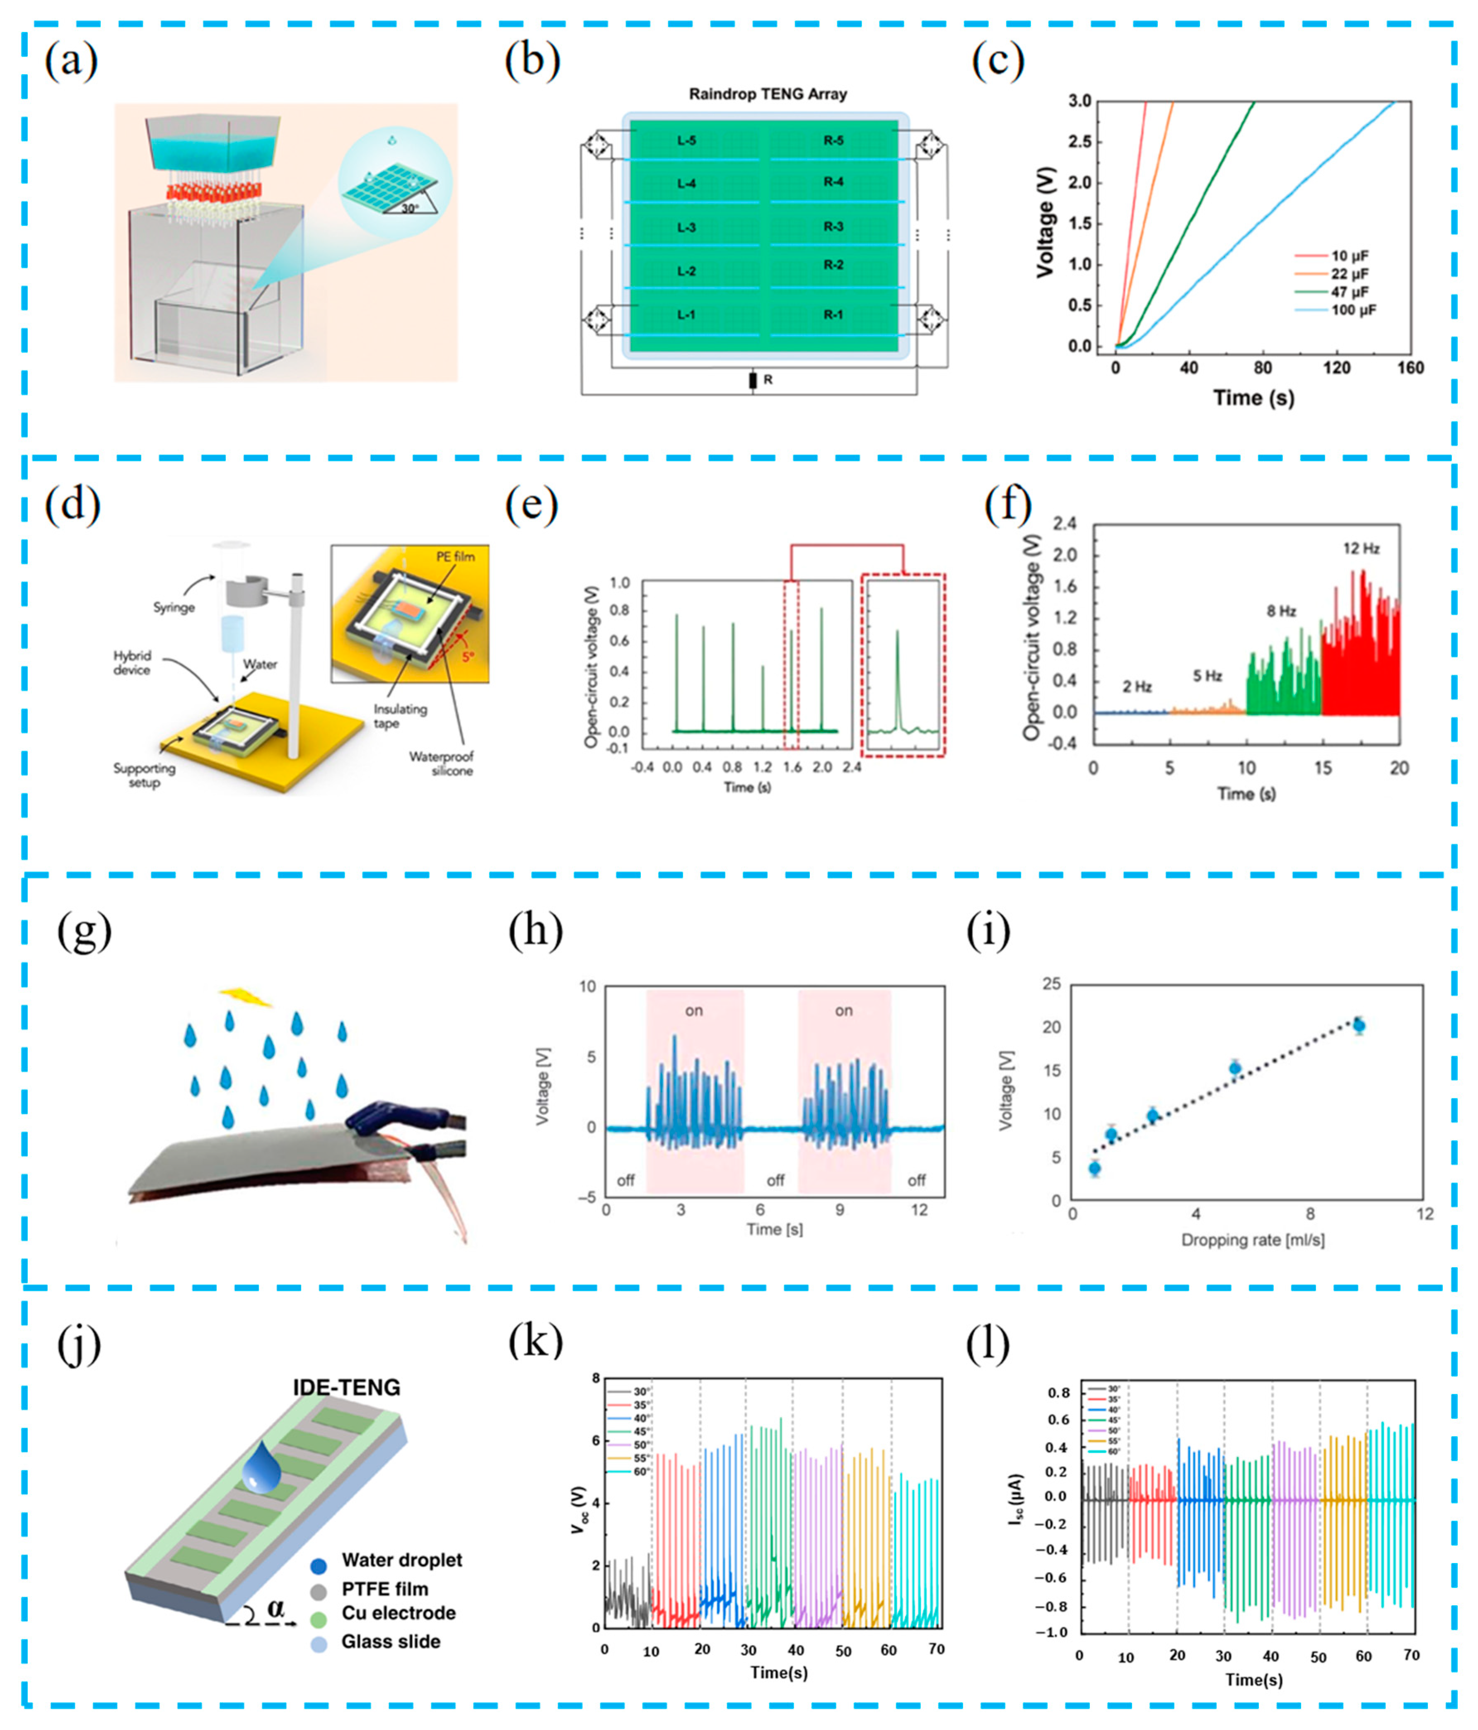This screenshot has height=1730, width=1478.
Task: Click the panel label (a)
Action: [71, 63]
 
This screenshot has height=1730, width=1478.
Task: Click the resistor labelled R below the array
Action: [753, 381]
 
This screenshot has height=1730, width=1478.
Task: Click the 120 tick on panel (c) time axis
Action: [1336, 368]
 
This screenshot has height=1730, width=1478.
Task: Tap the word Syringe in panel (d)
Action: [174, 607]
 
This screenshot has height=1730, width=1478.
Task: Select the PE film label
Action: [455, 556]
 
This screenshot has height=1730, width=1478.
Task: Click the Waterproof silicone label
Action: [441, 763]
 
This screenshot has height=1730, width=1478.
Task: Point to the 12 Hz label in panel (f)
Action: [1361, 548]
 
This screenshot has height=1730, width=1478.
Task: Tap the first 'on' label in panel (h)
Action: [694, 1011]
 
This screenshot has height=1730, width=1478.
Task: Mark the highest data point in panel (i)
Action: [1359, 1025]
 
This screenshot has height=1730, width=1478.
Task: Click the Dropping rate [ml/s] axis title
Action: [1253, 1240]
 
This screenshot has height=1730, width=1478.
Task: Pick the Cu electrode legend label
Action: [398, 1613]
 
